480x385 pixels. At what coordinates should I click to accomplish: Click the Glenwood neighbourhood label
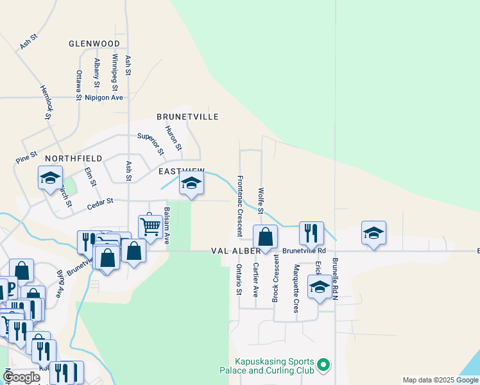point(95,44)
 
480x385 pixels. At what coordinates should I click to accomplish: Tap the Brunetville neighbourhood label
point(187,117)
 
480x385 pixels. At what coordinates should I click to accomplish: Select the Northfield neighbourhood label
point(73,158)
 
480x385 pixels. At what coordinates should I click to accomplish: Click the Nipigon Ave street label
point(103,98)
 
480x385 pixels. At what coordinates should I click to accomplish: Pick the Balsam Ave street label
point(166,225)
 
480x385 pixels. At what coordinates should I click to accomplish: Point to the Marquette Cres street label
point(296,283)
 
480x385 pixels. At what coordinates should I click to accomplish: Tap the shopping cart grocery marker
point(150,225)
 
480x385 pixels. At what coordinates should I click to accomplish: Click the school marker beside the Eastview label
point(191,183)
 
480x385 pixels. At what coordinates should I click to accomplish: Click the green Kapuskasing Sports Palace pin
point(324,366)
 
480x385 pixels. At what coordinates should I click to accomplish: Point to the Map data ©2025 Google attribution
point(440,380)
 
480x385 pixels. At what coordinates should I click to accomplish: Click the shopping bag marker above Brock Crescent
point(266,237)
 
